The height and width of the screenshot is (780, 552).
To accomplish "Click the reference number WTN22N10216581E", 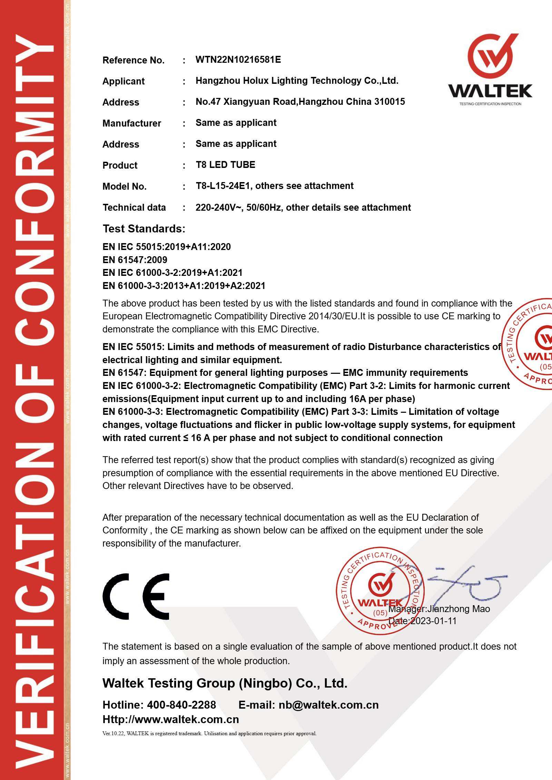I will [238, 60].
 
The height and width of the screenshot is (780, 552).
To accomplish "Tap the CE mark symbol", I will [136, 596].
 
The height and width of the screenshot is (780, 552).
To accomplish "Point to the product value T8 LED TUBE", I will [225, 165].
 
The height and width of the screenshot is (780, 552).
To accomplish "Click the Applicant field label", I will [123, 81].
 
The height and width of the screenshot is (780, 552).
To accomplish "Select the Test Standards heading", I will [144, 229].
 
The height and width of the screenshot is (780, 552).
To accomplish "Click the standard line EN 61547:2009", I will [135, 260].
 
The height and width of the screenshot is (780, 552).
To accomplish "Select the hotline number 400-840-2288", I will [181, 705].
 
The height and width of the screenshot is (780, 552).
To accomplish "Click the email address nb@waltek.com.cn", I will [328, 705].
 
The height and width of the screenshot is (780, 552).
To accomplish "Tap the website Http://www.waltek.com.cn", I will [170, 719].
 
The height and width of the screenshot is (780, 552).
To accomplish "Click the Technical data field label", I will [134, 208].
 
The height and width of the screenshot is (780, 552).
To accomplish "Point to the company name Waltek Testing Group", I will [225, 683].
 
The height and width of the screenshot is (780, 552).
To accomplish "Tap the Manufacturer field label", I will [131, 123].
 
